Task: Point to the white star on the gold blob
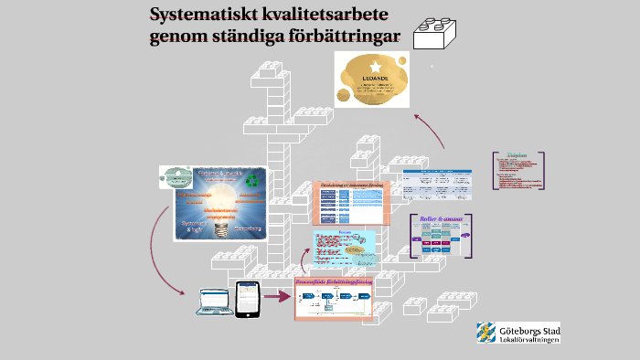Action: [376, 66]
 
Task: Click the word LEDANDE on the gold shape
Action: [376, 78]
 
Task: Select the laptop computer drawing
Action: [211, 302]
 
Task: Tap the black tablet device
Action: [244, 299]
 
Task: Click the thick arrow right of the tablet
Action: [275, 296]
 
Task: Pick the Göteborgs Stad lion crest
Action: [485, 332]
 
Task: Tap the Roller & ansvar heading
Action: [442, 219]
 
